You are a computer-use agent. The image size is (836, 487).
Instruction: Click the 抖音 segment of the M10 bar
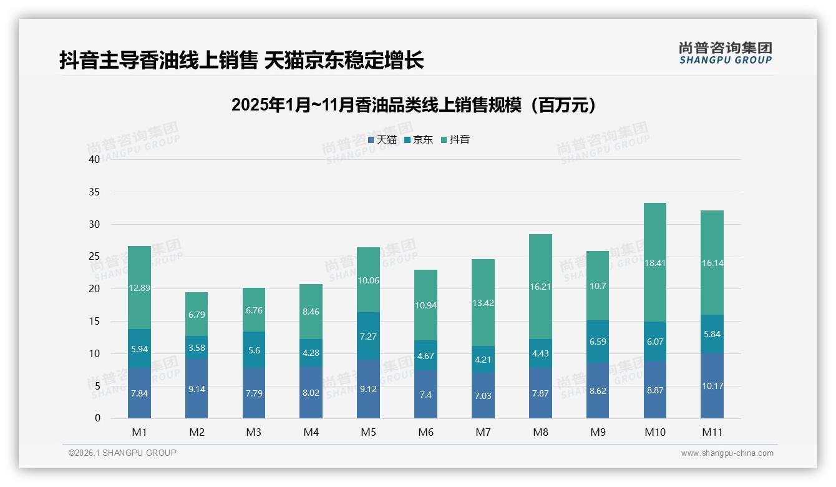[x=654, y=262]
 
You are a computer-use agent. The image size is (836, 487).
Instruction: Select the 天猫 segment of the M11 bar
[x=712, y=386]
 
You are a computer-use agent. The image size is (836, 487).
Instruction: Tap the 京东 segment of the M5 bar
[x=368, y=336]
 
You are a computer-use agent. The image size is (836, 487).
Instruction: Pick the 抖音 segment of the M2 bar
[x=197, y=314]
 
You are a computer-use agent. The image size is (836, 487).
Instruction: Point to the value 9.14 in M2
[x=197, y=389]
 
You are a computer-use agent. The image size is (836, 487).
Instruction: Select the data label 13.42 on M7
[x=483, y=303]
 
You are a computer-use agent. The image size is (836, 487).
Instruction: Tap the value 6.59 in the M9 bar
[x=598, y=342]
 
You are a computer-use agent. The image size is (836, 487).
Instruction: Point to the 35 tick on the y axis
[x=94, y=192]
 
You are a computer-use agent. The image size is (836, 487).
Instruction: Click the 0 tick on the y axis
[x=97, y=418]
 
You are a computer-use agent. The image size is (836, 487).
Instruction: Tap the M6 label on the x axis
[x=425, y=433]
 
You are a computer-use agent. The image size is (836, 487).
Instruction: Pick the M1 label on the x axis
[x=139, y=433]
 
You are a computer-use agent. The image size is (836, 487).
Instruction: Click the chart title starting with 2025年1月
[x=414, y=105]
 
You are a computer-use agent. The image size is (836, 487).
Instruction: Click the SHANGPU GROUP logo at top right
[x=725, y=53]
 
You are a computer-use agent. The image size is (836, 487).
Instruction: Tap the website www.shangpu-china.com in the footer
[x=727, y=453]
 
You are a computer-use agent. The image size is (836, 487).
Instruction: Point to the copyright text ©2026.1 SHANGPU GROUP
[x=122, y=453]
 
